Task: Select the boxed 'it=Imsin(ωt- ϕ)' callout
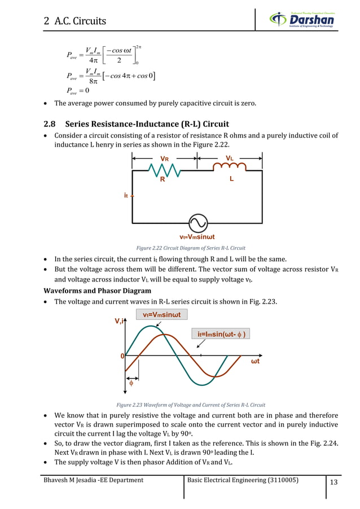pos(221,334)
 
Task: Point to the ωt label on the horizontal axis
pos(255,361)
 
